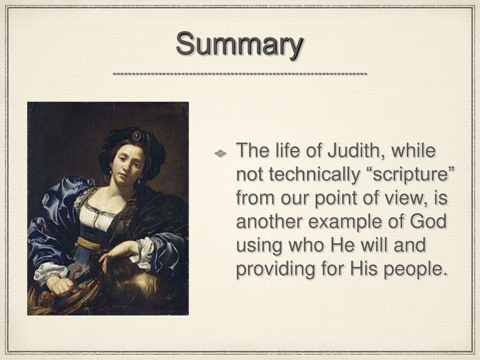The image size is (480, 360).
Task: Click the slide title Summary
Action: click(x=240, y=45)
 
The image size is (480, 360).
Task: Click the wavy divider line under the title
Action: click(x=240, y=74)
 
